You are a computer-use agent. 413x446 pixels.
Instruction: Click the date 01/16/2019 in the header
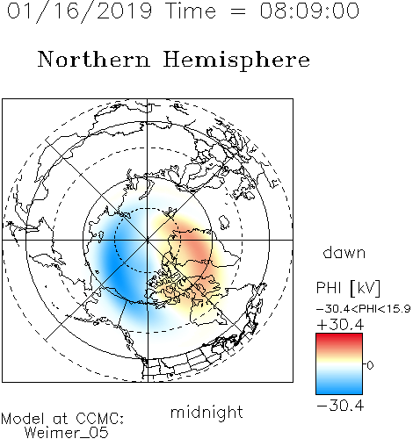(80, 11)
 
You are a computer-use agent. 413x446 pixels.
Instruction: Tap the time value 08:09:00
(309, 11)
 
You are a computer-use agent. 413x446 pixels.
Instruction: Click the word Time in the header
(191, 11)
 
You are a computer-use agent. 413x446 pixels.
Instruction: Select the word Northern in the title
(94, 60)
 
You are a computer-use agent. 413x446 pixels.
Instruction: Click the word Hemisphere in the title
(236, 61)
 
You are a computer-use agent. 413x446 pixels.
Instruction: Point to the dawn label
(344, 252)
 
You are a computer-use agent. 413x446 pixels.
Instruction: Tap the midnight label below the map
(206, 413)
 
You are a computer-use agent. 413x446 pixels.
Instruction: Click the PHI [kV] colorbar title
(348, 288)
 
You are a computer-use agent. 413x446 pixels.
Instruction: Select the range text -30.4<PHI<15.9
(364, 309)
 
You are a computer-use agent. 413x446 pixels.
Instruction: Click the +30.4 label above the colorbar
(340, 325)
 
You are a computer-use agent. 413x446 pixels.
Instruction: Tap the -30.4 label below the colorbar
(340, 406)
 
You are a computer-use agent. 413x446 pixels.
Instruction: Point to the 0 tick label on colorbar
(370, 365)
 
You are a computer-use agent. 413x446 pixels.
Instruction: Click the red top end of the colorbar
(339, 335)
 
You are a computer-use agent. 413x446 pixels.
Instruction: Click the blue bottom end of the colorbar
(339, 392)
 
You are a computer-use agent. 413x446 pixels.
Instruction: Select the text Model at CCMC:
(62, 419)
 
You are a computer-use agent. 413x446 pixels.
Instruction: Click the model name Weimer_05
(67, 432)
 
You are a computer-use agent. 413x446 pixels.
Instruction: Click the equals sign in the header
(238, 11)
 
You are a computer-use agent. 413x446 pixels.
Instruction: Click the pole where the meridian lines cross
(148, 240)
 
